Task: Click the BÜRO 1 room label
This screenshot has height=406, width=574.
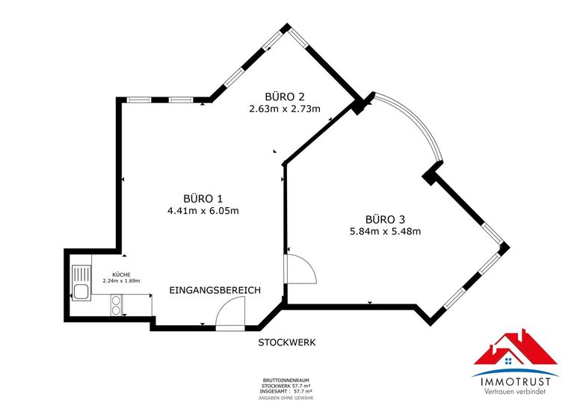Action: (x=203, y=198)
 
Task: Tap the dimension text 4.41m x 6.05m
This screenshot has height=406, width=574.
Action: (x=203, y=211)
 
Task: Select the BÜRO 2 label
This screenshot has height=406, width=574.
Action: (x=285, y=96)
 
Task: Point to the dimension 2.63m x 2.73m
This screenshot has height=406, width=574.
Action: (x=285, y=109)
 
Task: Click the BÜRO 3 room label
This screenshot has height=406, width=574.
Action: (x=385, y=219)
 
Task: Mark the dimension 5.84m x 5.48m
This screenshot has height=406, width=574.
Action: (x=385, y=232)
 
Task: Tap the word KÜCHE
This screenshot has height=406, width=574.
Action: (x=120, y=274)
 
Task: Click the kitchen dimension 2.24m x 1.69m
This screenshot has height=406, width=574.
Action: (x=120, y=281)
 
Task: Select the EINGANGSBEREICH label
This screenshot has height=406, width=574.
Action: (x=215, y=290)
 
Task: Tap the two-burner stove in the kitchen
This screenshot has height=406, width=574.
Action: (x=117, y=304)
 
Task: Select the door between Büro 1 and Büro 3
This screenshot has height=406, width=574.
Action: (x=299, y=269)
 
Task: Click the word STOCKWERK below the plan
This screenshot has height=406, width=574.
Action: (x=287, y=342)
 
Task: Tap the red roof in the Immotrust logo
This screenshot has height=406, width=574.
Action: (x=516, y=351)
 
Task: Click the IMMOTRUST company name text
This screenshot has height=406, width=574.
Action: (x=516, y=382)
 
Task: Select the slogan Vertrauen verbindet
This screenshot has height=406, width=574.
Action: (x=516, y=393)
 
